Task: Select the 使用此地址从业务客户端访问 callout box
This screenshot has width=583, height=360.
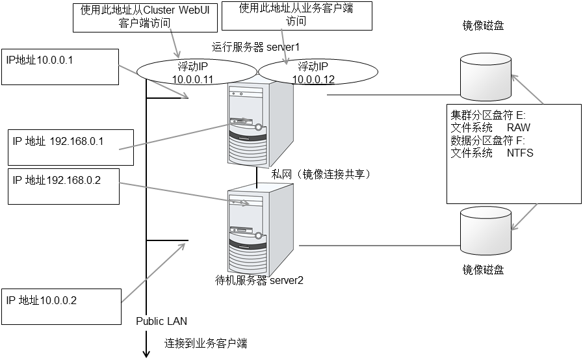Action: (x=296, y=15)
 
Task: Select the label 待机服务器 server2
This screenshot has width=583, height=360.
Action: (x=259, y=281)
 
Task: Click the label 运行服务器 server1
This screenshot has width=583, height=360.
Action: (x=255, y=47)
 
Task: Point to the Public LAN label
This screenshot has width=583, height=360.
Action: (x=161, y=320)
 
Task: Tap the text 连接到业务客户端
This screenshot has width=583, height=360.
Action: (x=205, y=342)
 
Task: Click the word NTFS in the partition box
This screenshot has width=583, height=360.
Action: (x=520, y=153)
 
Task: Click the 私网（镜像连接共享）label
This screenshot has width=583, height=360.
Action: (x=320, y=174)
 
